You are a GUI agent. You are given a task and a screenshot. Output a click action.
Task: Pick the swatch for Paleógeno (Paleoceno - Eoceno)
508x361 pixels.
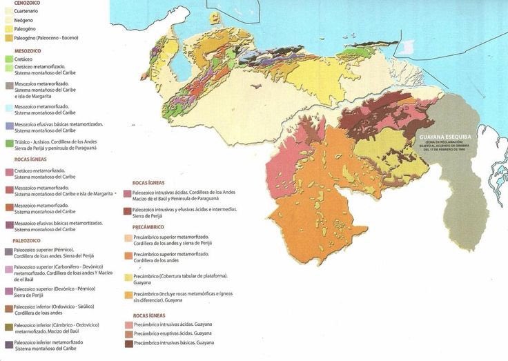click(8, 39)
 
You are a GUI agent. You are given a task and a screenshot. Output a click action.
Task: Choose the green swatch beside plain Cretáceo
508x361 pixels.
click(8, 60)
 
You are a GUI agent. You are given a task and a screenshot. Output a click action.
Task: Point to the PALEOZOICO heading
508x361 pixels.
click(26, 240)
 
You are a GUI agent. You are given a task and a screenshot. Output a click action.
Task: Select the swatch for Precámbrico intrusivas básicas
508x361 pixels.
click(128, 343)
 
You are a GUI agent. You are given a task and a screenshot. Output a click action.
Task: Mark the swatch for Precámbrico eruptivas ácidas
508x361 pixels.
click(128, 333)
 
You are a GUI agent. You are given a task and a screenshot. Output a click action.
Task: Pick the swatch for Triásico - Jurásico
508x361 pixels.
click(8, 143)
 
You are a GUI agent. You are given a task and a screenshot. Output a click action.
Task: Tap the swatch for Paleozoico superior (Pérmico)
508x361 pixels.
click(8, 251)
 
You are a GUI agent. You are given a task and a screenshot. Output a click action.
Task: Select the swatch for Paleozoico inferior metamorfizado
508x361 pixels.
click(8, 344)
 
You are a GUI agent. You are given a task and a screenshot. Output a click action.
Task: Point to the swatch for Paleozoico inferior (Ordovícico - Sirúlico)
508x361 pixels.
click(8, 308)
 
